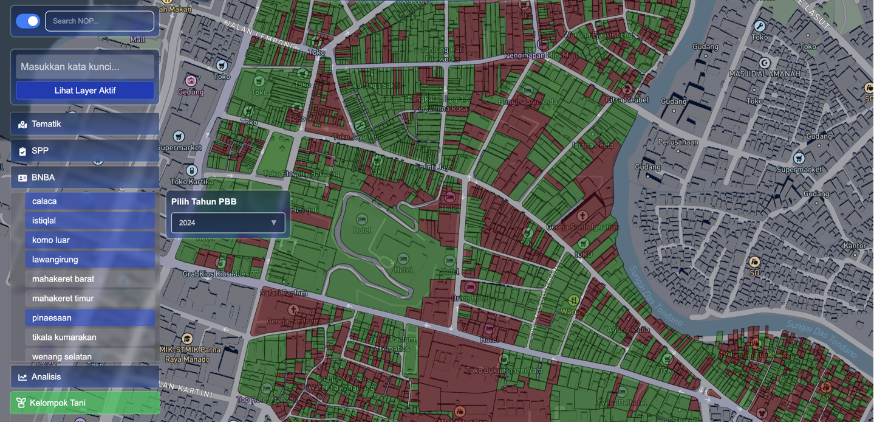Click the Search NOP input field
pos(100,21)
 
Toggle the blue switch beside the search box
pos(28,21)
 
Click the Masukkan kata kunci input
pos(85,67)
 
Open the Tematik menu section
pos(85,124)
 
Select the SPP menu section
pos(85,151)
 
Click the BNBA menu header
pos(85,178)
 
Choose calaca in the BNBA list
pos(90,201)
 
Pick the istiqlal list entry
pos(90,221)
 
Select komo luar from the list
pos(90,240)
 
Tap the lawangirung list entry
pos(90,260)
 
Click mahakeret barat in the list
pos(90,279)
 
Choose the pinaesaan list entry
pos(90,318)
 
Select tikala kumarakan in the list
pos(90,337)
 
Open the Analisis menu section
pos(85,377)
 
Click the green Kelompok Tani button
pos(85,403)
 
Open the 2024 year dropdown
pos(228,223)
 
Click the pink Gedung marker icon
pos(191,81)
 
